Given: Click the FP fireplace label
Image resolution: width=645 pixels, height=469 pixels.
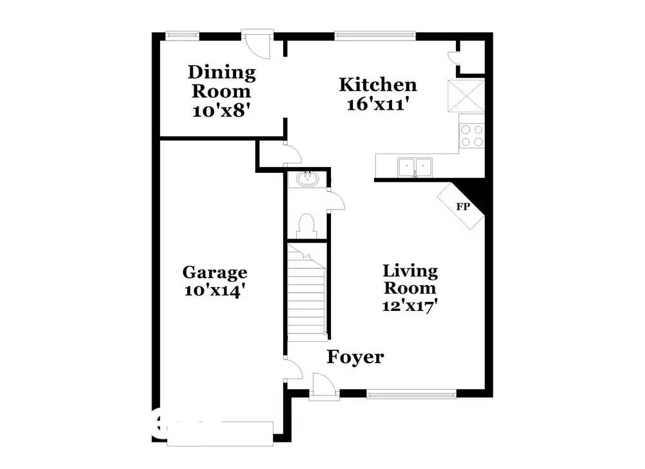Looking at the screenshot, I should pyautogui.click(x=462, y=206).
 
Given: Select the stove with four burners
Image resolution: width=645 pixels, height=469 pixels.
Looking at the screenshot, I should pyautogui.click(x=471, y=135).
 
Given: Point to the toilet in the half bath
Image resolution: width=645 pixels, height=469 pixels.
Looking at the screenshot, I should pyautogui.click(x=306, y=226).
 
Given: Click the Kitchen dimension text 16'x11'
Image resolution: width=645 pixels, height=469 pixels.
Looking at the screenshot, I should pyautogui.click(x=378, y=105).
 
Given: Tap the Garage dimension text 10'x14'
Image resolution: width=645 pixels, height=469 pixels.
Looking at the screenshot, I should pyautogui.click(x=215, y=291).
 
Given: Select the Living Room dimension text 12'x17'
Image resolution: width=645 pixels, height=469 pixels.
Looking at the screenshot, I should pyautogui.click(x=410, y=305).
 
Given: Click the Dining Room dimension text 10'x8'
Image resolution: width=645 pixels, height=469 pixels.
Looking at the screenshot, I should pyautogui.click(x=221, y=110).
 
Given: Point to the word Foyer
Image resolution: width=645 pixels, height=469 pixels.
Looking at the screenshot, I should pyautogui.click(x=355, y=357).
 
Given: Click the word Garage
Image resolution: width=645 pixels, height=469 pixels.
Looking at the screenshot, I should pyautogui.click(x=215, y=273).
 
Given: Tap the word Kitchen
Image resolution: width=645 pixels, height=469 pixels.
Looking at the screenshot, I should pyautogui.click(x=378, y=85).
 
